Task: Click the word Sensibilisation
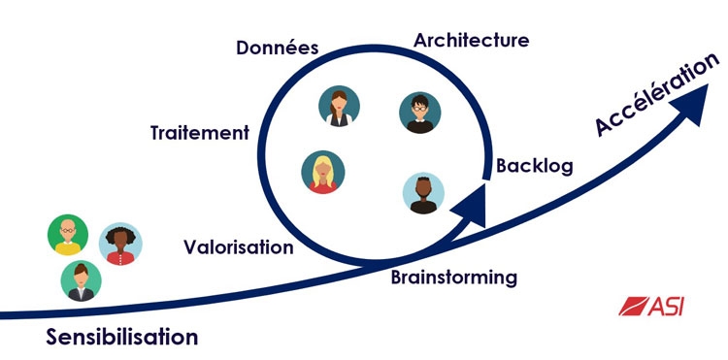coord(121,338)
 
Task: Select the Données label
coord(278,48)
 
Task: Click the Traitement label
coord(199,133)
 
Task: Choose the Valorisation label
coord(238,246)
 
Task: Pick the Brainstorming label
coord(453,278)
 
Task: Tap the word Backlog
coord(534,166)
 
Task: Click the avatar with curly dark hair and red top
coord(120,244)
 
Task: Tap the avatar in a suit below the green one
coord(82,280)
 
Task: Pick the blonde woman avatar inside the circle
coord(322,172)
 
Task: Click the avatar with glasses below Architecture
coord(418,113)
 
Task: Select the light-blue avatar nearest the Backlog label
coord(423,193)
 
